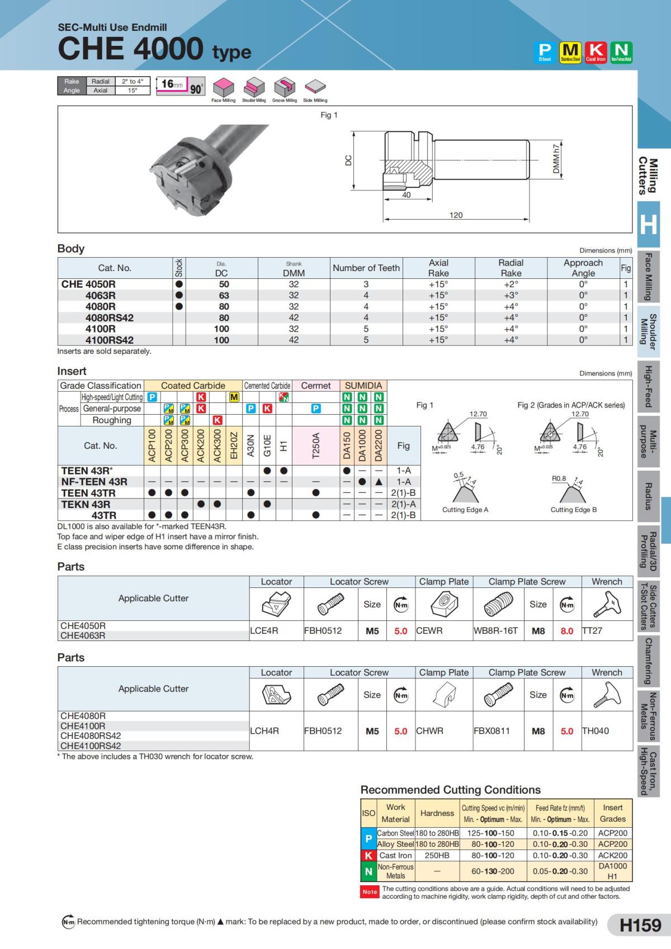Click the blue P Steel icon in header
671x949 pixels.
(x=545, y=52)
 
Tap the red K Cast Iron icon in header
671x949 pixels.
(x=596, y=52)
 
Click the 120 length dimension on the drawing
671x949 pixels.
(x=456, y=215)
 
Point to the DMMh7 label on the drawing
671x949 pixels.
(x=556, y=159)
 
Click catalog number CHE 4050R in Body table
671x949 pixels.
(x=88, y=284)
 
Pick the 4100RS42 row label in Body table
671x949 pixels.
(x=109, y=340)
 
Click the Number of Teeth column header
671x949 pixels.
(x=366, y=268)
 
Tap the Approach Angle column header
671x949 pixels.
(x=583, y=268)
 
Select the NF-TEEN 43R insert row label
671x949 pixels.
(x=94, y=482)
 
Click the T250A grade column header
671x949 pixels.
(x=315, y=445)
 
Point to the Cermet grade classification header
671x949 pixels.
(x=316, y=386)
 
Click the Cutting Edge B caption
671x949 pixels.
(x=573, y=510)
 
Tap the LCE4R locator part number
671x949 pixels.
(x=264, y=630)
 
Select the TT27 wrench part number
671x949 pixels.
(x=592, y=630)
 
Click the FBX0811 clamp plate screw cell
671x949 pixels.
(x=492, y=730)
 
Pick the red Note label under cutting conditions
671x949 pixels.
(x=370, y=891)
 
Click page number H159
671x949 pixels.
(x=640, y=925)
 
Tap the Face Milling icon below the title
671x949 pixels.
(x=223, y=89)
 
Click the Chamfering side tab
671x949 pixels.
(x=648, y=661)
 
